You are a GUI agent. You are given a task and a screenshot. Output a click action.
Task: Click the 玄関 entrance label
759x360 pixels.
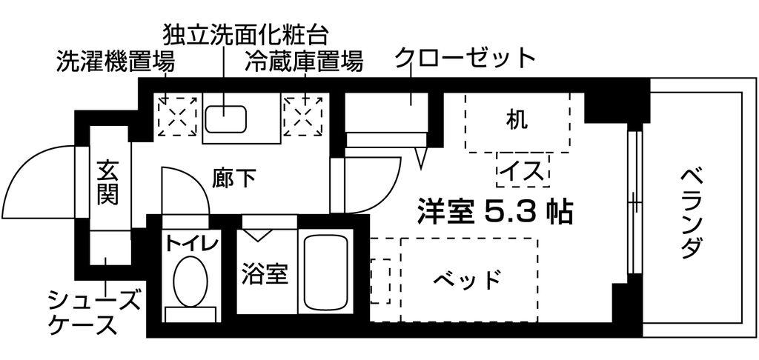[x=107, y=183]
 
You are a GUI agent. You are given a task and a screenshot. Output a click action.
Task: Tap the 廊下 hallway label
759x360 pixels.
[x=233, y=178]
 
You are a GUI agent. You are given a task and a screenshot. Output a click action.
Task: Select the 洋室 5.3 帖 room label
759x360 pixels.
[x=495, y=211]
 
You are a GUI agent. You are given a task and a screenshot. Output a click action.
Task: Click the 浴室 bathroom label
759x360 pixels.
[x=265, y=274]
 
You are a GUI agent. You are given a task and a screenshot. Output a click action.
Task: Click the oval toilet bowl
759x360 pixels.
[x=190, y=281]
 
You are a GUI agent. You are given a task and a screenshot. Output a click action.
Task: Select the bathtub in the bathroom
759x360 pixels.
[x=326, y=273]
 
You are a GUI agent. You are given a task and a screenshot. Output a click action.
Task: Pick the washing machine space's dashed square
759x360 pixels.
[x=178, y=115]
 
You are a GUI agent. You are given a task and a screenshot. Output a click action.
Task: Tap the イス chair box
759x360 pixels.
[x=523, y=170]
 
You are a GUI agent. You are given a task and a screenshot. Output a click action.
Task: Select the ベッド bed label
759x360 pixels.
[x=467, y=279]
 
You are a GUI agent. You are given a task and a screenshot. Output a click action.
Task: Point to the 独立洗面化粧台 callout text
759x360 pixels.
[x=246, y=34]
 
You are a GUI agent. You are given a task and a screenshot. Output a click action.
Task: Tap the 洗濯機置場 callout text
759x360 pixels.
[x=116, y=61]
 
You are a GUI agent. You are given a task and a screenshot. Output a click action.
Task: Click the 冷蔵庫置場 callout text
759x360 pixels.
[x=303, y=61]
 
